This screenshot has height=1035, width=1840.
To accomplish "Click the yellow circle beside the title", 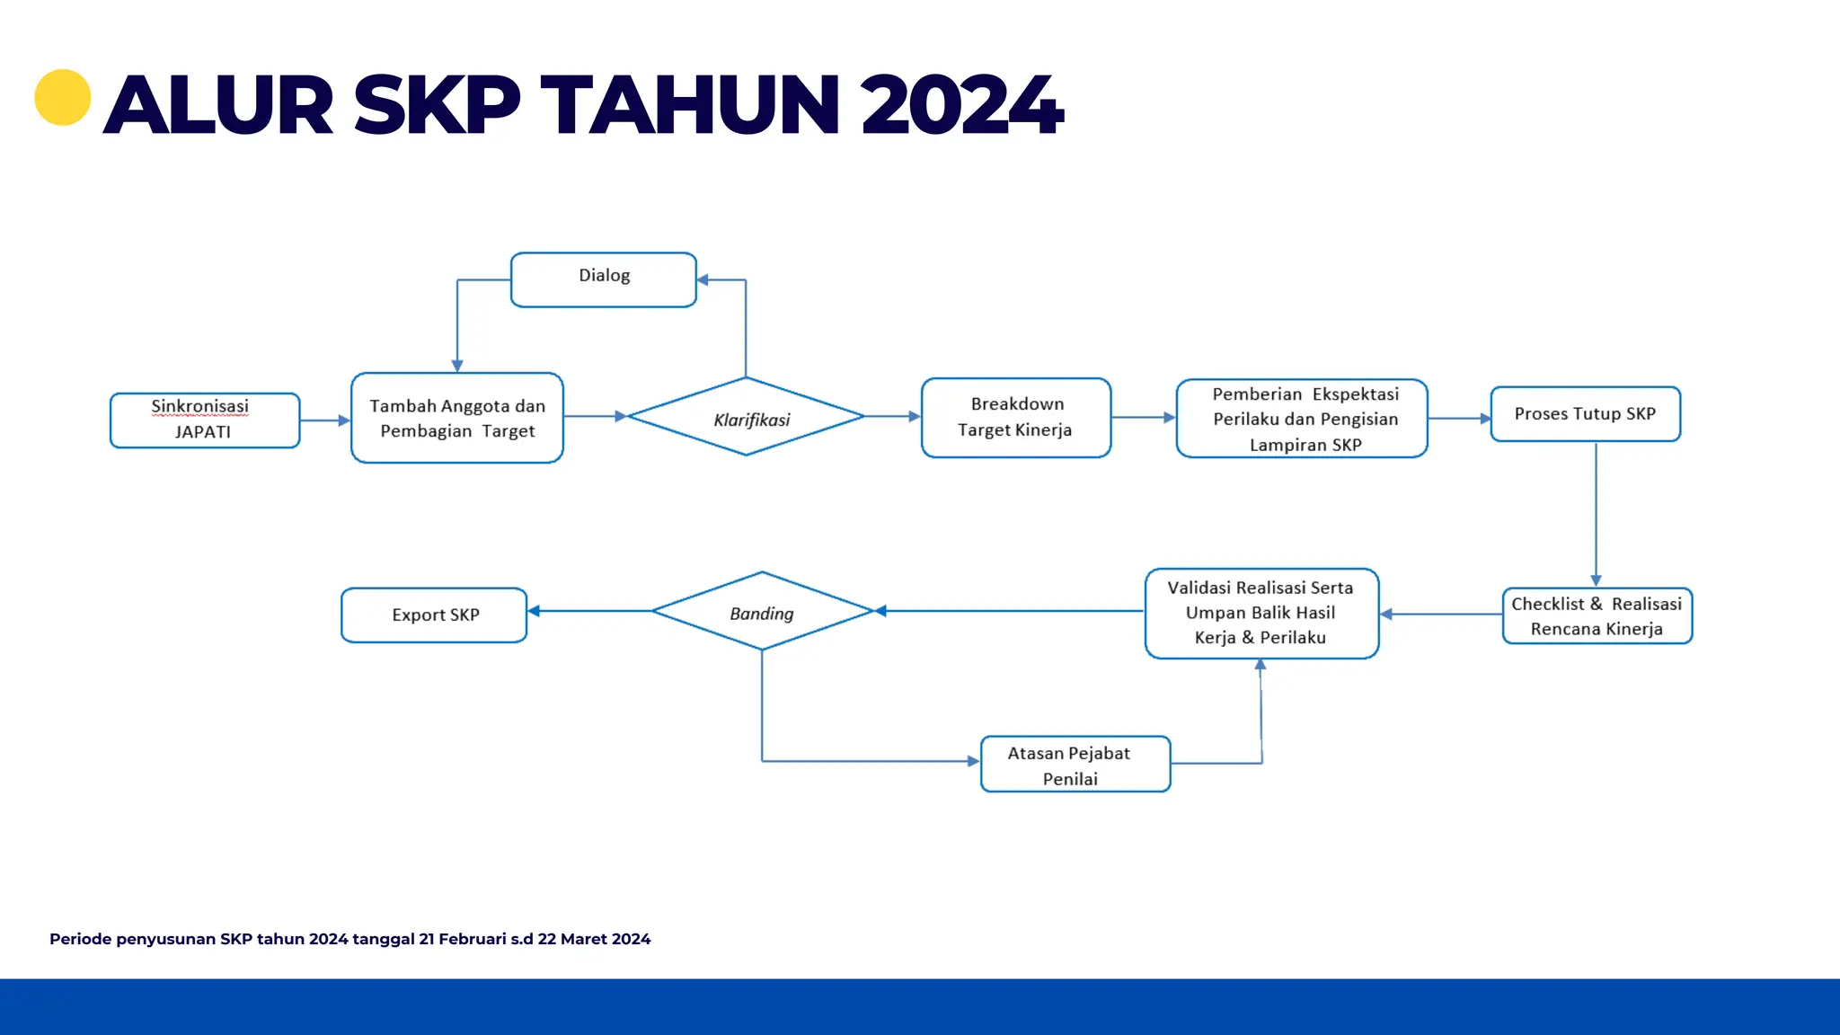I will [x=63, y=97].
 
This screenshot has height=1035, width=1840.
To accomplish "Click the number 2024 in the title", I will [x=961, y=106].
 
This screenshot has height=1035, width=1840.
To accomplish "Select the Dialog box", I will [x=604, y=279].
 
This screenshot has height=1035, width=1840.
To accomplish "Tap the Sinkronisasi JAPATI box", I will [x=205, y=420].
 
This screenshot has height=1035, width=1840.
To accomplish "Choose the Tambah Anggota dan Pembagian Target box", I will [x=457, y=418].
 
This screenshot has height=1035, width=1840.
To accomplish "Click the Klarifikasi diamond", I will [x=747, y=417].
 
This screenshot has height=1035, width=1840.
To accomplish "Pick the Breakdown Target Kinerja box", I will [x=1016, y=418].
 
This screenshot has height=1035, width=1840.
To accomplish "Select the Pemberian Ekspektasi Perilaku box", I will [x=1302, y=419].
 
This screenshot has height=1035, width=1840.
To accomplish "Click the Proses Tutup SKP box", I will [x=1585, y=414].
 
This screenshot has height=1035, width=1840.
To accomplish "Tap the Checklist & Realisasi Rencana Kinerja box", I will [x=1597, y=616].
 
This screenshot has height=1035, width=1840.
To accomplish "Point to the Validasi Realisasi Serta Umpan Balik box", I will [x=1261, y=614].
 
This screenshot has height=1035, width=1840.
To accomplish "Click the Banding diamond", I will [x=762, y=611].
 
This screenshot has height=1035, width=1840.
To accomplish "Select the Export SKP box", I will [x=434, y=615].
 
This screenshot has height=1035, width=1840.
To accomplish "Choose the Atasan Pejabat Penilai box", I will [x=1075, y=765].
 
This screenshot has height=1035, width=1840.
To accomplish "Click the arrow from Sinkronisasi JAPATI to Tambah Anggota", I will [x=324, y=420].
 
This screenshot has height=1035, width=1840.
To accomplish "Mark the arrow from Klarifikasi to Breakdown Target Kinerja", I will [x=892, y=417].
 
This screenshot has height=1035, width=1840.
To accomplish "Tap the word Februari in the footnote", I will [x=473, y=939].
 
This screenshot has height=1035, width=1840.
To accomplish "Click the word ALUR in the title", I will [x=219, y=106].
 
